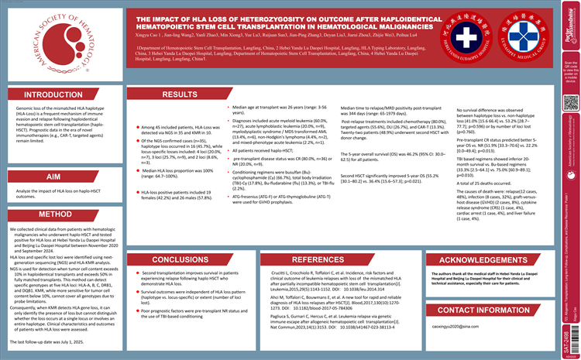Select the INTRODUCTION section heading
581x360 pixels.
coord(53,95)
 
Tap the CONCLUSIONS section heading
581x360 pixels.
coord(180,259)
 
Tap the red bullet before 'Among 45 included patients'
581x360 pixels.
coord(138,126)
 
